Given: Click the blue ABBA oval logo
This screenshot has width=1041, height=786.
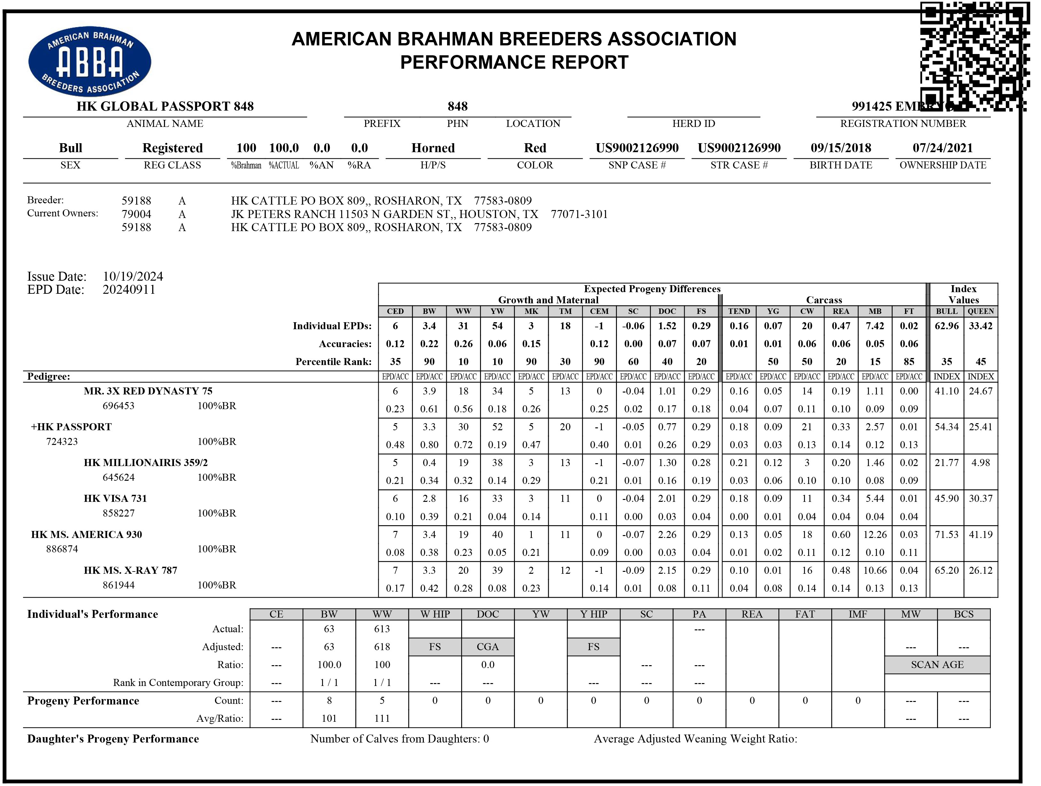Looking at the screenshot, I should pos(90,61).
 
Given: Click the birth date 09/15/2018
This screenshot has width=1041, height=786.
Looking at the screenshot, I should pos(840,148).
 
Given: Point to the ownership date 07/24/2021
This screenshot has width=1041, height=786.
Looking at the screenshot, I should pos(942,148).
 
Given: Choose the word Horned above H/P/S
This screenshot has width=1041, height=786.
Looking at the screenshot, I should pos(433,148).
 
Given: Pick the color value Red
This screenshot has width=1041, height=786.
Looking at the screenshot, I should pos(535,148).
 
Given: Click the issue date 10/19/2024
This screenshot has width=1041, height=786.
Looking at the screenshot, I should pos(133,276).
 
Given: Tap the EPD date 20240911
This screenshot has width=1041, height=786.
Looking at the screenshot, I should pos(129,290).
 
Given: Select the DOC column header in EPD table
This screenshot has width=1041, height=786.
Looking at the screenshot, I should pos(667,311).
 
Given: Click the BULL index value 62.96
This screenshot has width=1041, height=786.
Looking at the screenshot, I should pos(946,326).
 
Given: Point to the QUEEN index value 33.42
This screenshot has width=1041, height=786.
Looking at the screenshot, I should pos(980,326).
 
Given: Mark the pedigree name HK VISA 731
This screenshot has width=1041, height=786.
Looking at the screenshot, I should pos(115,499).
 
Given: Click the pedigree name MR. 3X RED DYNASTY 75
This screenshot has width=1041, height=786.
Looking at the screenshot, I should pos(148,391).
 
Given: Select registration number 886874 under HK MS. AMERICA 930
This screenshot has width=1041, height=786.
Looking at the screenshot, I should pos(62,549).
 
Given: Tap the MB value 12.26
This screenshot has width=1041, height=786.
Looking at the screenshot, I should pos(875,535).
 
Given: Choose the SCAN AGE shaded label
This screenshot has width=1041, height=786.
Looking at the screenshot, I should pos(937,665).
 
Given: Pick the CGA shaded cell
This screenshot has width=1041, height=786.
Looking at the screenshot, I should pos(487,647).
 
